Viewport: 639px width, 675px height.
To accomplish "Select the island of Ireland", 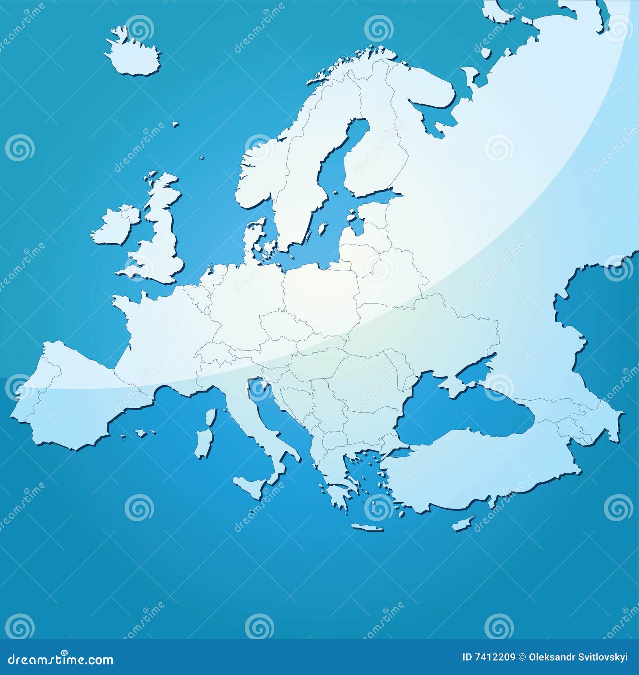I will pos(116,226).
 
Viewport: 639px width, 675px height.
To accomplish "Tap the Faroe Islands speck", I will pos(175,125).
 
